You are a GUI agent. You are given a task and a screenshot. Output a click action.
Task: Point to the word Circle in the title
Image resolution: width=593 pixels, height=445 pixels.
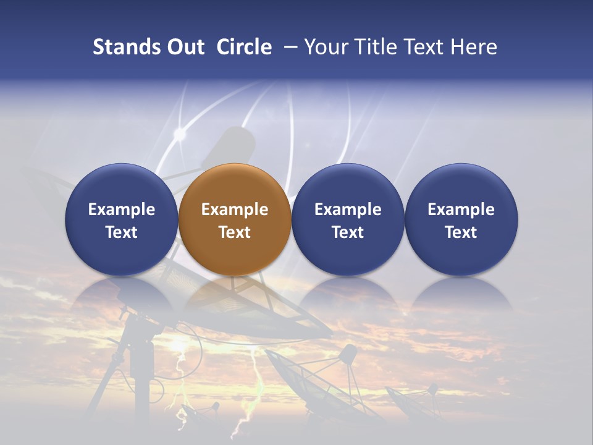point(244,47)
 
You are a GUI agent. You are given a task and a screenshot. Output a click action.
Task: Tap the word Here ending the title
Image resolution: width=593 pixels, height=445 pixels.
point(474,47)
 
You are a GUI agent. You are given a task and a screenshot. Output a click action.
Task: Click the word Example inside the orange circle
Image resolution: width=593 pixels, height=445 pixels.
point(235,210)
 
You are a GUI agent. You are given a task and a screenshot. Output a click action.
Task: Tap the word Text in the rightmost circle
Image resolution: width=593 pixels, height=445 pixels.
point(461,232)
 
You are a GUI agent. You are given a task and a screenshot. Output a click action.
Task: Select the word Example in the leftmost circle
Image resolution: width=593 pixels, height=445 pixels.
point(122,210)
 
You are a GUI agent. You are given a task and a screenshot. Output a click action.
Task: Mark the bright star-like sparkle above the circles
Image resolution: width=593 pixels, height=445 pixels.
point(180,133)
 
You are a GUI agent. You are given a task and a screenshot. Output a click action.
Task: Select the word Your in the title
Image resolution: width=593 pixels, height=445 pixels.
point(326,47)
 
